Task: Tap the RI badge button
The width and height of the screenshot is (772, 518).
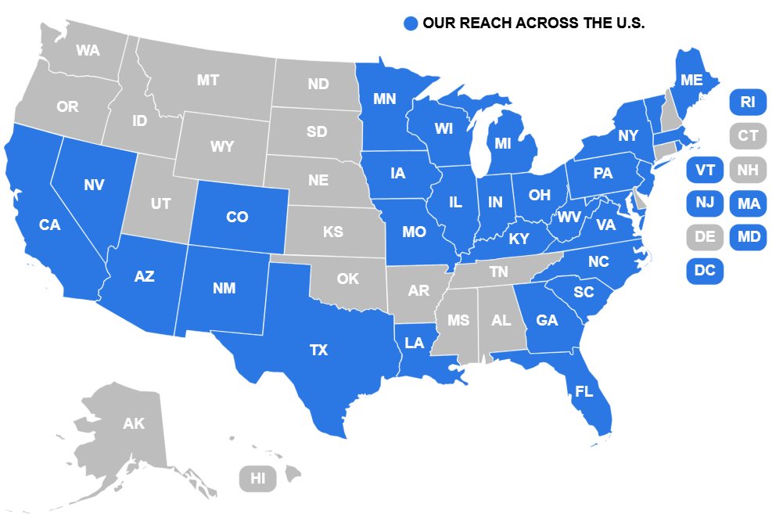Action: (748, 102)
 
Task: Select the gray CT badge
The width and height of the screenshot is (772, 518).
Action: (748, 136)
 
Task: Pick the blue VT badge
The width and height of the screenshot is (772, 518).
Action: (705, 170)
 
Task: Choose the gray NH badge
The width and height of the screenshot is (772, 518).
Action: (748, 170)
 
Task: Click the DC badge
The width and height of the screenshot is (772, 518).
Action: (705, 271)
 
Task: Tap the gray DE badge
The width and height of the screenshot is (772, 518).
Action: (705, 237)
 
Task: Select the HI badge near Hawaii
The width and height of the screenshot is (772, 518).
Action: (258, 478)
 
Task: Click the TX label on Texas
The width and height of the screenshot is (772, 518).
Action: (318, 350)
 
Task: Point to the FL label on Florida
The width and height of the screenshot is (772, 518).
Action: (583, 391)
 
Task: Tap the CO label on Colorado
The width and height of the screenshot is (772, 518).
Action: (237, 217)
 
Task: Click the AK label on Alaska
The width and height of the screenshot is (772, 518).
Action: (134, 424)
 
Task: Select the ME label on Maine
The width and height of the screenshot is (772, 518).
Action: (691, 80)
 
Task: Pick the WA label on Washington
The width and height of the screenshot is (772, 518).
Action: (88, 50)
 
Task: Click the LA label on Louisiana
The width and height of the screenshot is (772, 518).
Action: (415, 343)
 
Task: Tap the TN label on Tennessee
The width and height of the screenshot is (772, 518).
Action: (498, 272)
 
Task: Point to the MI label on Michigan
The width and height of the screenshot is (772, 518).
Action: (503, 143)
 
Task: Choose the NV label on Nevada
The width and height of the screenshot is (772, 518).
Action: (94, 185)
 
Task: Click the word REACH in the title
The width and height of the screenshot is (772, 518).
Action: (486, 23)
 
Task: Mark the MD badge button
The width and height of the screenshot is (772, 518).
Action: (748, 237)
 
